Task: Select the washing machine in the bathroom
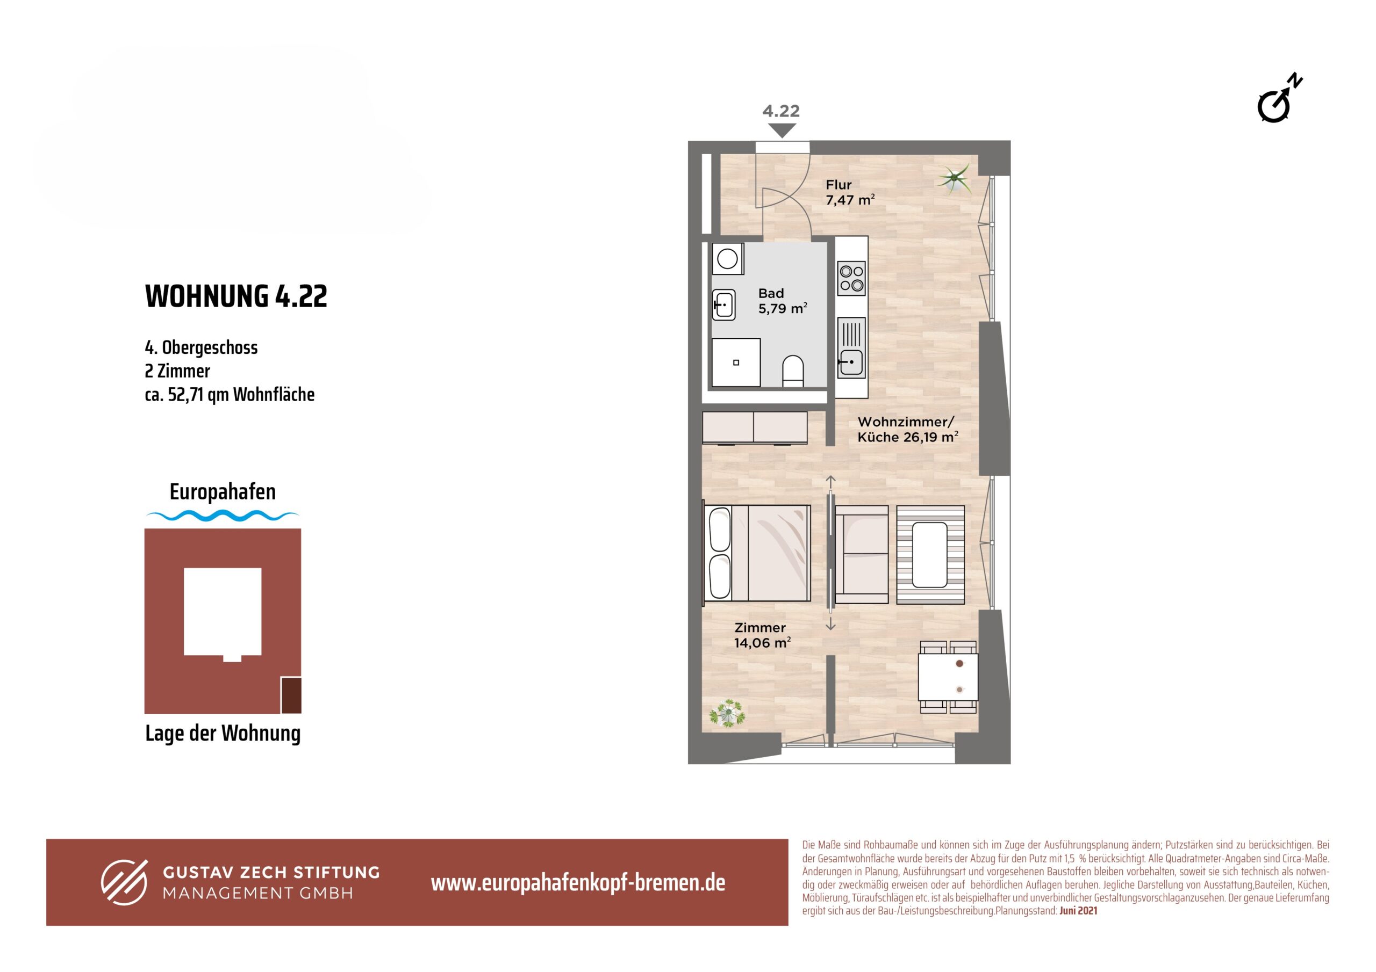click(x=728, y=259)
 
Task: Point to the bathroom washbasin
click(x=724, y=305)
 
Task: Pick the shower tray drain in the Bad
click(x=736, y=362)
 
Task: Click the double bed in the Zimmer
click(x=756, y=553)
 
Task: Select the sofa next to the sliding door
click(x=861, y=554)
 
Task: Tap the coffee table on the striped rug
click(x=929, y=555)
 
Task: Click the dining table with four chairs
click(x=948, y=677)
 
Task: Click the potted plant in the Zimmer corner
click(x=728, y=713)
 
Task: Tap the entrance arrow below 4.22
click(x=781, y=130)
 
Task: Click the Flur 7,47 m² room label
click(x=850, y=192)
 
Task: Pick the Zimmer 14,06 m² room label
click(x=762, y=635)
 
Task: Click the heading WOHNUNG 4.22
click(x=236, y=296)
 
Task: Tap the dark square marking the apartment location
click(x=291, y=695)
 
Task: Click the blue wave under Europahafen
click(x=223, y=515)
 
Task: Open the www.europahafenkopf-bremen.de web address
click(x=578, y=882)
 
